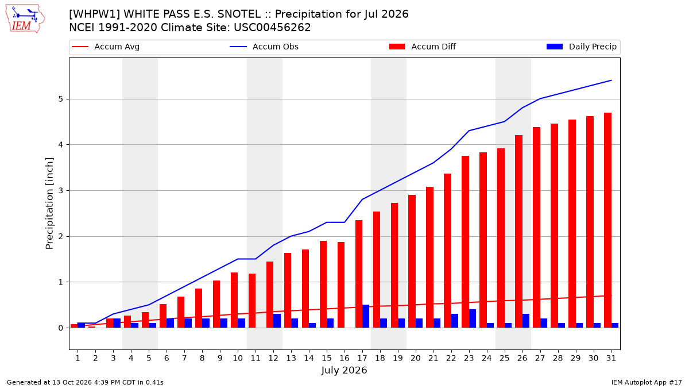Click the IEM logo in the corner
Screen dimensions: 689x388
click(25, 19)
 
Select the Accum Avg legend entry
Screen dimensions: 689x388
click(106, 47)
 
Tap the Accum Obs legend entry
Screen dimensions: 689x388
click(264, 47)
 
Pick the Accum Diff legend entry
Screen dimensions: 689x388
click(423, 47)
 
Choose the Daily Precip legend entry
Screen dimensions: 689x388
click(582, 47)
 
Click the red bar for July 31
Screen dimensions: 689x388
click(607, 221)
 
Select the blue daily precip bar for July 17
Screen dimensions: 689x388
click(366, 316)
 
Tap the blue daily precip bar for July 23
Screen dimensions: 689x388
click(473, 318)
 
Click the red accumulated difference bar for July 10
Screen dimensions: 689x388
click(234, 300)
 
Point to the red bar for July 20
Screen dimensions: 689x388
click(412, 262)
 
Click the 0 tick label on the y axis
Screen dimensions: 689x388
click(60, 328)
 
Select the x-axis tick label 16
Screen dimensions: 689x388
click(344, 359)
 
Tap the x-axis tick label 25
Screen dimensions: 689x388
click(505, 359)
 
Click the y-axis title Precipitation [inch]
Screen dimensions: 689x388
click(49, 203)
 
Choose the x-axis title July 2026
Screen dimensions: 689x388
click(344, 370)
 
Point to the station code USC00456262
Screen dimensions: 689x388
click(272, 28)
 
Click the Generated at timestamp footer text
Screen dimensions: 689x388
click(85, 382)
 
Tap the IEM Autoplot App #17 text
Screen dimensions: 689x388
click(647, 382)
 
